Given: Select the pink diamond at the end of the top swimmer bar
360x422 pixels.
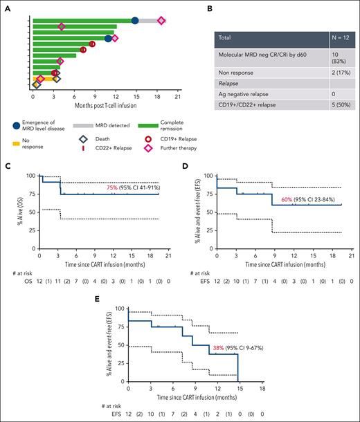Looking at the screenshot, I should [x=161, y=21].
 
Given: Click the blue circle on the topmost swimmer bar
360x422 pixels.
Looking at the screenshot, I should [x=135, y=21].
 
